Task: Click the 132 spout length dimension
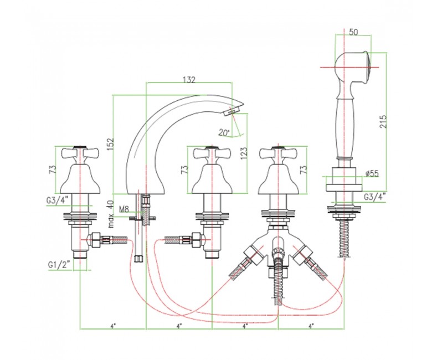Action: pos(189,79)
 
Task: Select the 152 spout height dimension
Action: pos(110,144)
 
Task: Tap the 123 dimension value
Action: pos(244,153)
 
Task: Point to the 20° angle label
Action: pos(224,133)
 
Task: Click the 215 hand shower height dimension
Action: pos(383,121)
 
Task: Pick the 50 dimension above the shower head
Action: pos(353,32)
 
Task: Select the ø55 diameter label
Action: pos(372,174)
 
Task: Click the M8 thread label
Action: pos(124,209)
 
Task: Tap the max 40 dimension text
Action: pos(111,213)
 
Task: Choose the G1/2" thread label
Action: pos(59,265)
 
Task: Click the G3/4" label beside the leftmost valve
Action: pos(57,200)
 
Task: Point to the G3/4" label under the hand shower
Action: pos(375,197)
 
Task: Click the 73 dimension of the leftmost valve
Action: pos(53,169)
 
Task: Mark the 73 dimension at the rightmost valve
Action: pos(303,169)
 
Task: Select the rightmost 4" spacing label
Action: pos(311,326)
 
